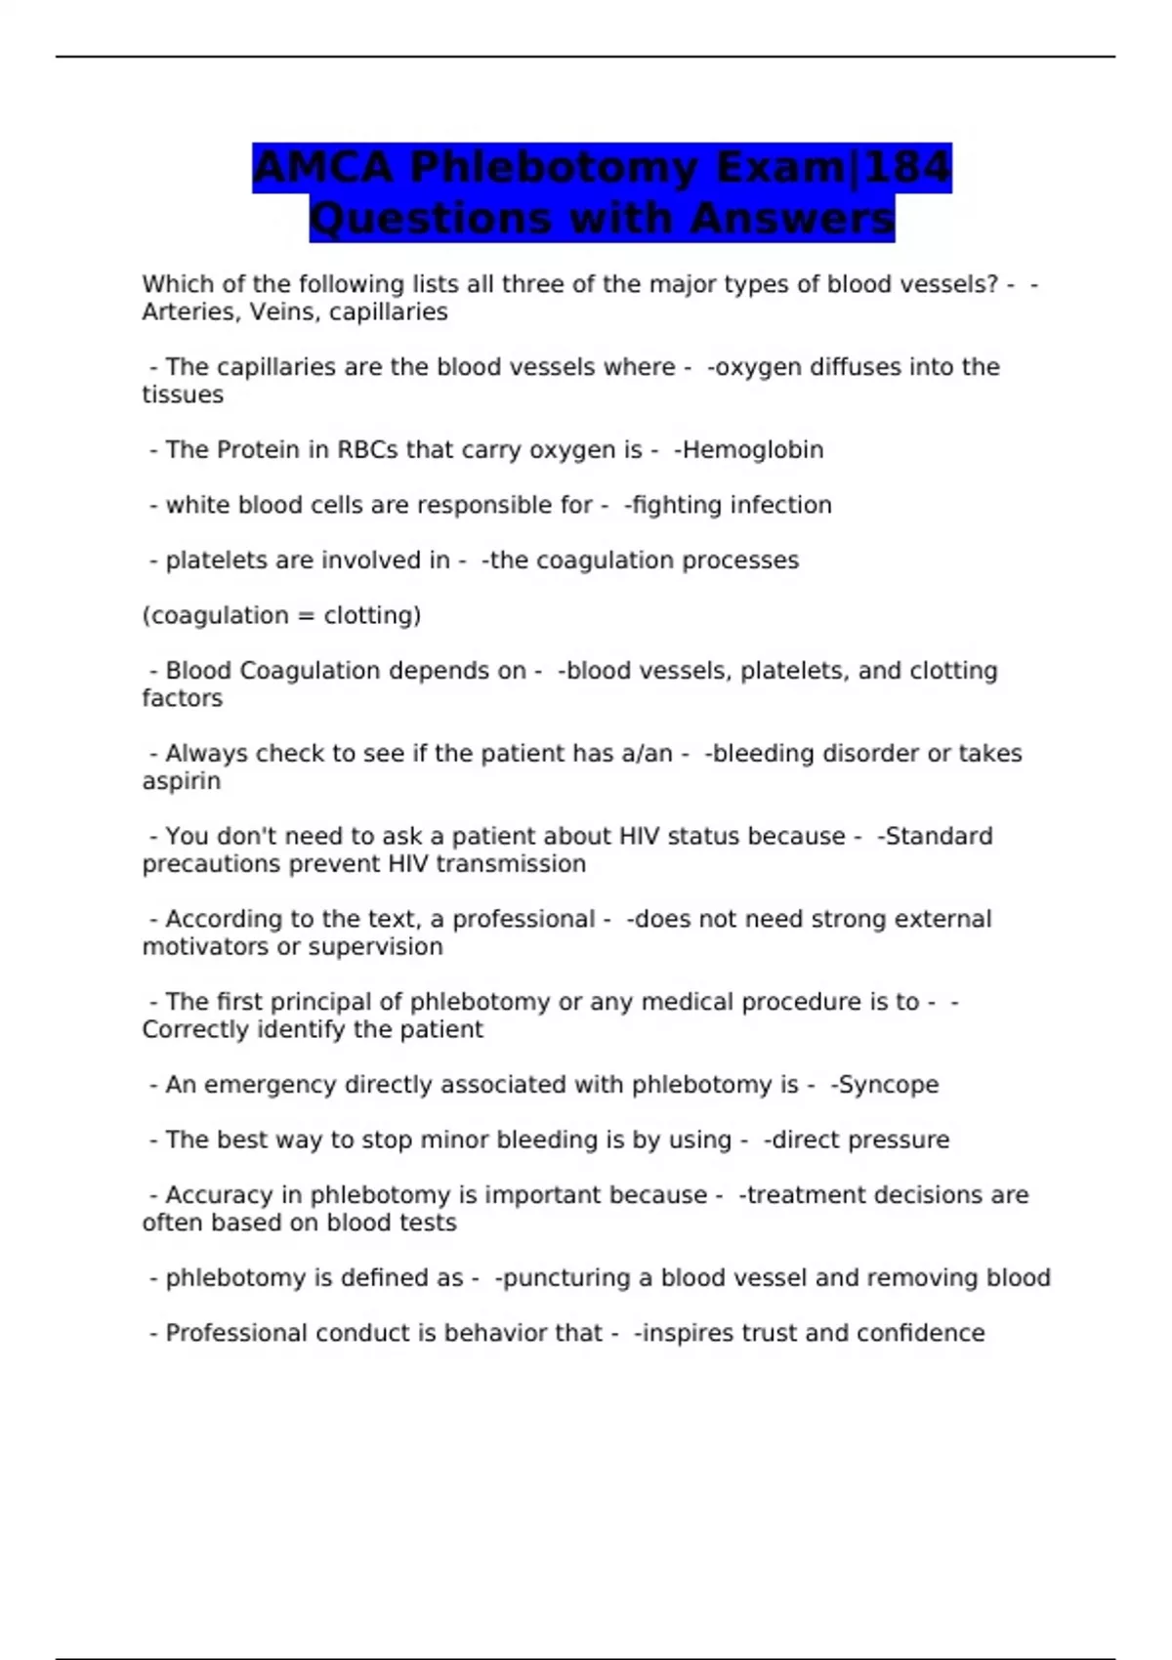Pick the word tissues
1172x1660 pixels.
coord(183,395)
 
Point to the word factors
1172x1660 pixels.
coord(182,699)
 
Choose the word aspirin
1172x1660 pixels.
coord(181,782)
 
